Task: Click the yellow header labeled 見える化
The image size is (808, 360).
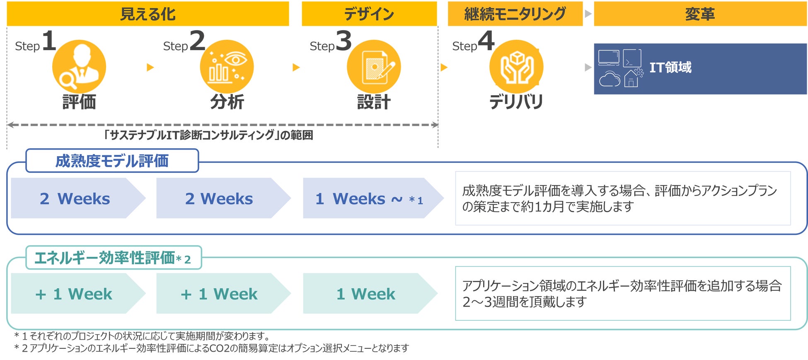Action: [x=148, y=14]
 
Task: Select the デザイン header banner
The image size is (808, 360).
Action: [x=369, y=14]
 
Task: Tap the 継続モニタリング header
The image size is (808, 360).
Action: [x=515, y=14]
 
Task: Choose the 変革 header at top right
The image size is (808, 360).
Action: [x=700, y=14]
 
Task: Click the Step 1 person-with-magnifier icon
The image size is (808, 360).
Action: [x=79, y=66]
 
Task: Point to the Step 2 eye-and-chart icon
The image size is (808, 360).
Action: [x=227, y=66]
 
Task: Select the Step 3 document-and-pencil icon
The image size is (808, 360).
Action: [x=374, y=66]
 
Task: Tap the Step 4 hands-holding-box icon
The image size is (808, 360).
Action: [x=516, y=66]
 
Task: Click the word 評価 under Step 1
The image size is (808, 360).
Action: [x=79, y=102]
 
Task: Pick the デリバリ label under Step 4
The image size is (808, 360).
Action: [x=516, y=102]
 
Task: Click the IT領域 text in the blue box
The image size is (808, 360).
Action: [x=670, y=67]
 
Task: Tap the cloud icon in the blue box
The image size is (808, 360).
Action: [x=610, y=79]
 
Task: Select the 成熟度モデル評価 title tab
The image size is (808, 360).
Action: [x=112, y=161]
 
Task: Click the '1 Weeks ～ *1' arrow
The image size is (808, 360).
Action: [x=369, y=198]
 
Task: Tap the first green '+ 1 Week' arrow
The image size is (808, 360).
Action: [x=75, y=294]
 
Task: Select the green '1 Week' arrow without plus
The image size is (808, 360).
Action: [x=366, y=294]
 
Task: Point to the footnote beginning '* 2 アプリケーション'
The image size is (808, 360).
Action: [x=211, y=348]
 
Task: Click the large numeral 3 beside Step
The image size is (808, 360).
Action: [x=344, y=41]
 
